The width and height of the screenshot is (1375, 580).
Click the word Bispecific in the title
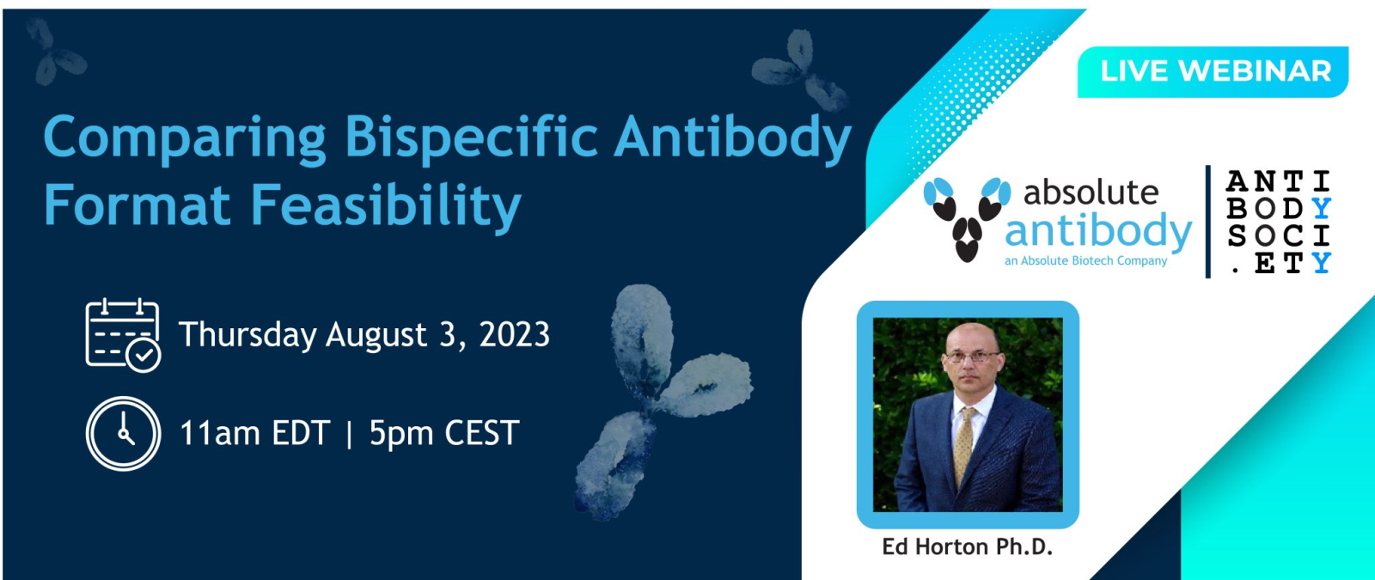pos(471,138)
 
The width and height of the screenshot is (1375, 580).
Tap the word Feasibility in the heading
pos(386,207)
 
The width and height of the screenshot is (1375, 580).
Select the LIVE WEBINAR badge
pos(1213,72)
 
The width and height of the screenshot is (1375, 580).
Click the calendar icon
pos(123,335)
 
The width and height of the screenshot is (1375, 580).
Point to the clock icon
pos(123,433)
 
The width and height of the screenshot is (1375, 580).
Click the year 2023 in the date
pos(515,334)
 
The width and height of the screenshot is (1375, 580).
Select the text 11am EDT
pos(254,433)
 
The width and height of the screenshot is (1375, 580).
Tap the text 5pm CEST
pos(444,433)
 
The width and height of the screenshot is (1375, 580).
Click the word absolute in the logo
pos(1091,192)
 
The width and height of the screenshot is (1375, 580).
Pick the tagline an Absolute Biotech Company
pos(1086,261)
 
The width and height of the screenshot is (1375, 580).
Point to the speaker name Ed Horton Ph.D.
pos(968,546)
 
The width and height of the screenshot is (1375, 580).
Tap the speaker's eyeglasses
pos(973,356)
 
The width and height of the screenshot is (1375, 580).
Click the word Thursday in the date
pos(247,335)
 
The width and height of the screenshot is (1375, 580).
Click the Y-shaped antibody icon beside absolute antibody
pos(967,218)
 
